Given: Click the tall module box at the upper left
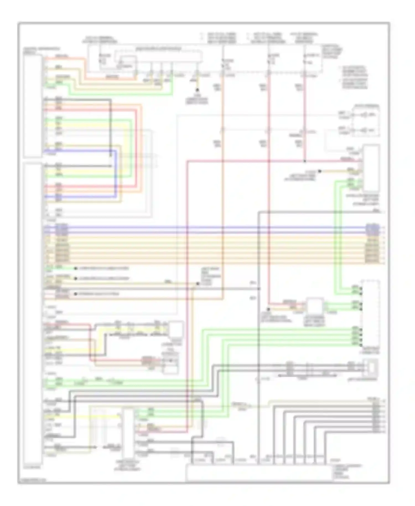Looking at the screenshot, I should tap(33, 106).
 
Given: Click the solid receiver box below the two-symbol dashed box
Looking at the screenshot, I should tap(371, 168).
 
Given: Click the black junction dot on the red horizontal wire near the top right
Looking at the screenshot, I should tap(305, 161).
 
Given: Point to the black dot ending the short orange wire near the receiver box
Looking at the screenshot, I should tap(320, 171).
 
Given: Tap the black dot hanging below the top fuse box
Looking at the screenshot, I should tap(197, 90).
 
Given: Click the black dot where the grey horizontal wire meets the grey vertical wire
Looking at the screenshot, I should tap(259, 289).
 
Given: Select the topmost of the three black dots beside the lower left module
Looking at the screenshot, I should tap(75, 268).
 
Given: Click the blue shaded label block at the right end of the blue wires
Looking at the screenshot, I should tap(372, 229).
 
